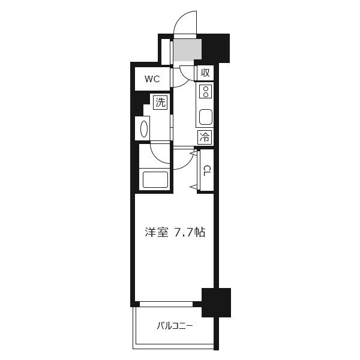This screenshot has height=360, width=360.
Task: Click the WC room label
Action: (152, 79)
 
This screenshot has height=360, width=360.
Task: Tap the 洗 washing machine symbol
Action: (160, 102)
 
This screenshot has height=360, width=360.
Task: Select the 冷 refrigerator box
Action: (204, 137)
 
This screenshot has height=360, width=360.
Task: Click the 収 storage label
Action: (205, 73)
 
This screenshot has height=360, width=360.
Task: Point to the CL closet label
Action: (206, 170)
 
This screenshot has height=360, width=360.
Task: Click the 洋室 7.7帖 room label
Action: (175, 233)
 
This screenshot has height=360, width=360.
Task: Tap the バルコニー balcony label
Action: (175, 326)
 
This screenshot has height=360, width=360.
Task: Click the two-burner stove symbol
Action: (206, 92)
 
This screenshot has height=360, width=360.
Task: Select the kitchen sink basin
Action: (205, 117)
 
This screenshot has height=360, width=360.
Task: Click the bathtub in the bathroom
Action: (155, 180)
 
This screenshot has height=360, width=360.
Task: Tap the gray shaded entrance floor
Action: (188, 50)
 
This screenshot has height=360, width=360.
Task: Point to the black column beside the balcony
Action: (216, 302)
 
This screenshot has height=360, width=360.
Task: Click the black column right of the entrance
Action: (216, 48)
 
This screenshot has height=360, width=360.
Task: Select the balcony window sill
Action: (166, 304)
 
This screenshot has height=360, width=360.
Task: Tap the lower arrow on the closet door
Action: (194, 187)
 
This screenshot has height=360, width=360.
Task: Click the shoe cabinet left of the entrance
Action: (166, 52)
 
